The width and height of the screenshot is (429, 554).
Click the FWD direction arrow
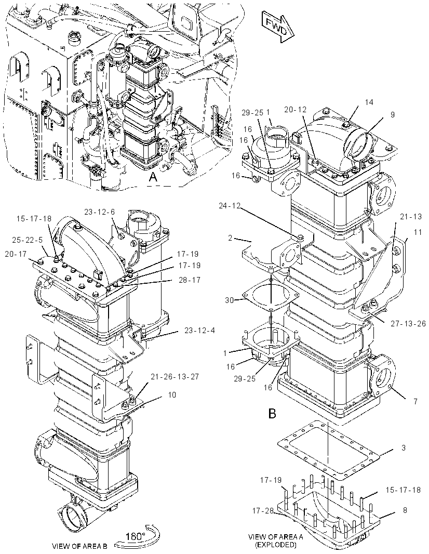(x=278, y=27)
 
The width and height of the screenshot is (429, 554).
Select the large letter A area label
(x=153, y=177)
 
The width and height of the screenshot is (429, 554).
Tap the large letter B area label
(x=272, y=413)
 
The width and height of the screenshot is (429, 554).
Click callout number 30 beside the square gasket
(x=229, y=300)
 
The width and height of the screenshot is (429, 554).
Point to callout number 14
(x=369, y=102)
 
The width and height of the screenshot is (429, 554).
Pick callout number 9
(x=393, y=114)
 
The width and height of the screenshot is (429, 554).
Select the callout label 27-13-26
(x=408, y=323)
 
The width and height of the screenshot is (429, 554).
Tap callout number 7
(x=415, y=401)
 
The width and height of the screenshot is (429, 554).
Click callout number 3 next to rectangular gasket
(x=404, y=447)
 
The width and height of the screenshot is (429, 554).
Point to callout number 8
(x=405, y=510)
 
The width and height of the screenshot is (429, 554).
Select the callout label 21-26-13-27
(x=175, y=377)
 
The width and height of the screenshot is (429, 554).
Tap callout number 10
(x=172, y=394)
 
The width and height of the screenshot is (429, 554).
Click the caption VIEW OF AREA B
(x=79, y=546)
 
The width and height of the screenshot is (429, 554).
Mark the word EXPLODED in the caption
(x=276, y=545)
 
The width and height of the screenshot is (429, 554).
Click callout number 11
(x=418, y=232)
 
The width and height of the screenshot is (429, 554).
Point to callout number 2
(x=230, y=238)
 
